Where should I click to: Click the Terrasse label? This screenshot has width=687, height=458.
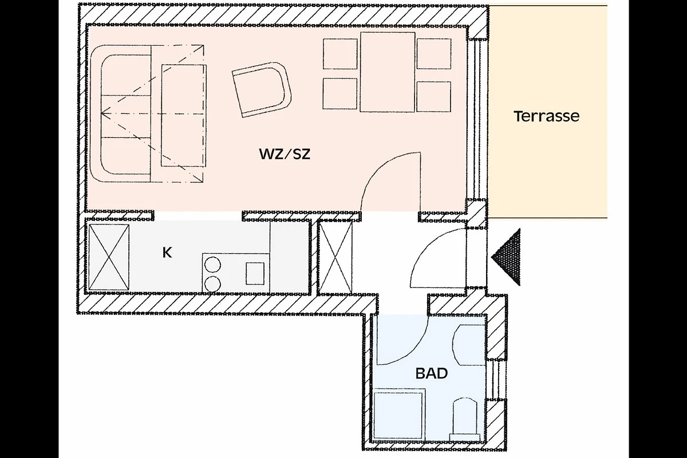[547, 116]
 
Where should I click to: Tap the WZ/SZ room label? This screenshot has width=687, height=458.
[285, 154]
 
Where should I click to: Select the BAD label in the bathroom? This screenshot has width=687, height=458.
[432, 373]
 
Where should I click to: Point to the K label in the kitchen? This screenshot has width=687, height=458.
[167, 252]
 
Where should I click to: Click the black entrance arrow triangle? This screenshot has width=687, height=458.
[506, 257]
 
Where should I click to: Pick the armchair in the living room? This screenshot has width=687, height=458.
[261, 89]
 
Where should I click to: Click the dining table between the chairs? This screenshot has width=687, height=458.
[388, 72]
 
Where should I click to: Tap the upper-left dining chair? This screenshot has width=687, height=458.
[340, 54]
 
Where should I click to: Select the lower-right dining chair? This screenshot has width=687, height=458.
[434, 96]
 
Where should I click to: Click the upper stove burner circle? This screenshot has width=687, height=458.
[212, 264]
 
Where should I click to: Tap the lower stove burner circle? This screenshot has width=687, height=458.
[212, 284]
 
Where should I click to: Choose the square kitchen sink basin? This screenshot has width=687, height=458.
[255, 273]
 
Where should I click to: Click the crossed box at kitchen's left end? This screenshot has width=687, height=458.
[109, 257]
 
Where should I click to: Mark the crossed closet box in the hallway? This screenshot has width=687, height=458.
[335, 257]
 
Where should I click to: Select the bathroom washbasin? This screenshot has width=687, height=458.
[469, 345]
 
